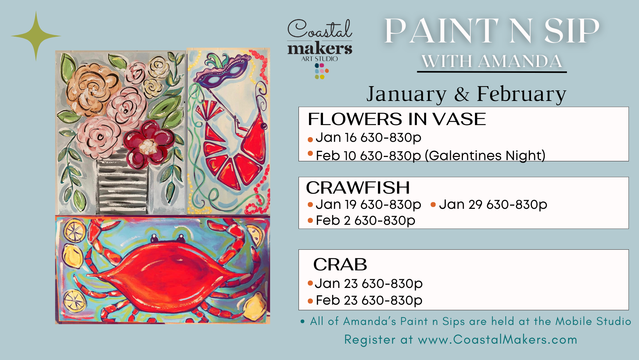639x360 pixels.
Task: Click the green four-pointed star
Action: coord(36,36)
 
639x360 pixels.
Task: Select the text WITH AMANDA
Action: coord(492,62)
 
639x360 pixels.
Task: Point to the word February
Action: coord(521,94)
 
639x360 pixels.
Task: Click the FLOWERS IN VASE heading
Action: coord(397,119)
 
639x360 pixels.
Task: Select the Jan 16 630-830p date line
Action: coord(368,138)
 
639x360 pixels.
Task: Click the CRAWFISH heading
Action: coord(358,188)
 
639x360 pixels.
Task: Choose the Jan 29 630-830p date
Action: coord(493,205)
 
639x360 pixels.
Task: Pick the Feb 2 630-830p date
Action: coord(365,221)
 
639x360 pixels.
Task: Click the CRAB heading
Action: coord(340,265)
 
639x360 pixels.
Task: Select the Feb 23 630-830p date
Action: coord(369,300)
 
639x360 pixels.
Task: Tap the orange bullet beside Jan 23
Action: coord(310,283)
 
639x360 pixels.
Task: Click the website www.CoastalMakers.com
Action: coord(497,340)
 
